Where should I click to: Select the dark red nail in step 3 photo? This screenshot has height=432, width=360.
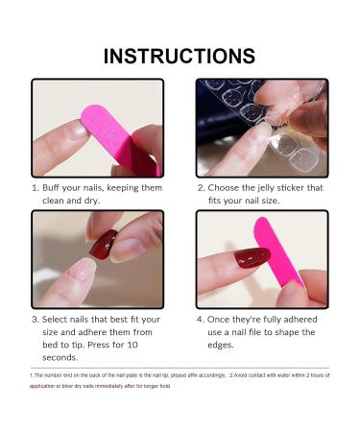[102, 245]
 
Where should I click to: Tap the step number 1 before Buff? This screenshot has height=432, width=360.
[36, 187]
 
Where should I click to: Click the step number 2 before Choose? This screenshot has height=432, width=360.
[201, 187]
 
